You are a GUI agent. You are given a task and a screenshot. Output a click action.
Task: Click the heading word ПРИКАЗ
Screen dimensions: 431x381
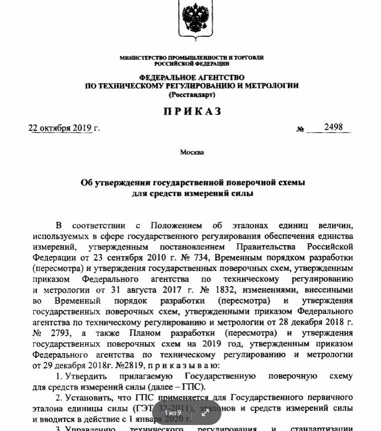192,111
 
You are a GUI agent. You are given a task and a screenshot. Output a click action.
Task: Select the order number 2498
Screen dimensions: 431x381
333,127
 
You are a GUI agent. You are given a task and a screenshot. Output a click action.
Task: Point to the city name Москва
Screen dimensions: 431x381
192,152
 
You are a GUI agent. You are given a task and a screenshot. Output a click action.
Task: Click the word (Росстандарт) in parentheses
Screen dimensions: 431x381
192,94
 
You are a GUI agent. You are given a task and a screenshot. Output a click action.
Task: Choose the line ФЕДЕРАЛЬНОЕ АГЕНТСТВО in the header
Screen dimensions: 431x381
192,78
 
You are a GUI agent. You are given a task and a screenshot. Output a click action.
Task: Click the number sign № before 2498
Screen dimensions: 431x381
300,129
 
